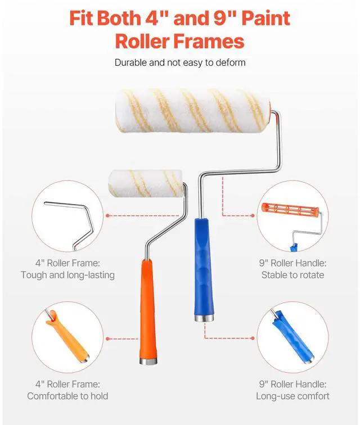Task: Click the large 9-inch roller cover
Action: coord(191,110)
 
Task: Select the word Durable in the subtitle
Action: coord(131,63)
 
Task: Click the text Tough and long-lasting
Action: coord(67,275)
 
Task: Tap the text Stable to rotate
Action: coord(292,275)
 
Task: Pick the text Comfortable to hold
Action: coord(67,396)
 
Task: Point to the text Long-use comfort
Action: coord(292,396)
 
